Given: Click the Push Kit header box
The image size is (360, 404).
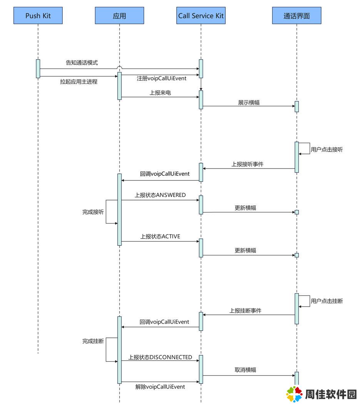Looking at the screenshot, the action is coord(38,15).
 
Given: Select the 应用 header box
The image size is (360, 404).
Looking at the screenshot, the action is coord(120,15).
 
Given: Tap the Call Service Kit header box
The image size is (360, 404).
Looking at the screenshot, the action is coord(201,15).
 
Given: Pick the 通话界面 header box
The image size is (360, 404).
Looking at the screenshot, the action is coord(297,15).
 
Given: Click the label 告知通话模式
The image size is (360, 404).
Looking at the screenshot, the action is coord(82,63).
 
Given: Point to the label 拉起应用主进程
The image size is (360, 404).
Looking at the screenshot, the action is coord(79,82).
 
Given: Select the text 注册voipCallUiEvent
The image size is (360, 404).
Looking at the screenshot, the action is coord(162,78).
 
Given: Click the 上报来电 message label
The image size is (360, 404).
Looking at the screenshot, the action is coord(160,93).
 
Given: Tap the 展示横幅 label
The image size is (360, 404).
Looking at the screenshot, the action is coord(249,103).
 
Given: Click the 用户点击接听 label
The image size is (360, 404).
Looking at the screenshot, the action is coord(327,149).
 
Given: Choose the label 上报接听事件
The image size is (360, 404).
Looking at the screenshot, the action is coord(247,164).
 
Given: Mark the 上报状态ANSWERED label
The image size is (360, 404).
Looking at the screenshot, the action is coord(160,195).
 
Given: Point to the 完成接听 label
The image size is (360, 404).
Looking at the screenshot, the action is coord(93,212).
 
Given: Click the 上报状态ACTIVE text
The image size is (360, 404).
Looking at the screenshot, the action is coord(160,236).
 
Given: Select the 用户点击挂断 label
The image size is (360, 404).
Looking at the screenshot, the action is coord(327,301).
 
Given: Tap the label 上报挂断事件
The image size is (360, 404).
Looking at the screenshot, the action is coord(245,311).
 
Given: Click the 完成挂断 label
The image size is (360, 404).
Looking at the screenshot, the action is coord(93,341).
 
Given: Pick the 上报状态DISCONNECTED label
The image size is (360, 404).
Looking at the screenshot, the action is coord(160,357).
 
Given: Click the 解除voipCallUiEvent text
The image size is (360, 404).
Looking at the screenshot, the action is coord(160,387).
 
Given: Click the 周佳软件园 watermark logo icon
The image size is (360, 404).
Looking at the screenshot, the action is coord(294,394).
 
